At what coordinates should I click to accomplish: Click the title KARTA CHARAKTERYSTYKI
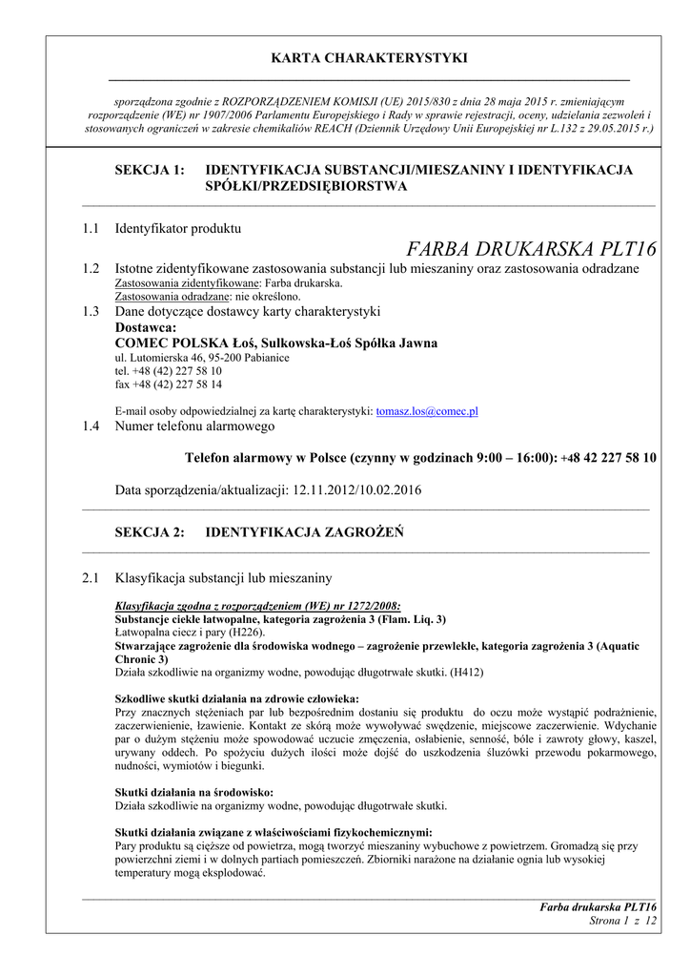369,58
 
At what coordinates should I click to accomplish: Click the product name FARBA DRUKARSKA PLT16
531,250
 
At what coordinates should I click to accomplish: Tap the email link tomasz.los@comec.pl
427,411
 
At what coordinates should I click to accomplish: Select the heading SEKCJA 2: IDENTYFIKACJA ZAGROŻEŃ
258,532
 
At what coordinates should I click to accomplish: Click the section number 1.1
91,229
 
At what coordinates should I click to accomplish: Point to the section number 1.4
91,426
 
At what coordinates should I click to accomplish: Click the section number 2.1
91,578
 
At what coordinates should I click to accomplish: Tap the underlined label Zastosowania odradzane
168,297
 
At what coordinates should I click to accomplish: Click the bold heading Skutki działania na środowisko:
193,792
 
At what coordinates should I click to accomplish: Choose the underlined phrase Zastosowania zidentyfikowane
187,283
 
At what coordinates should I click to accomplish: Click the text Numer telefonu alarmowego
194,426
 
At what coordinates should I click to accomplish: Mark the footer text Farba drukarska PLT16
598,906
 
